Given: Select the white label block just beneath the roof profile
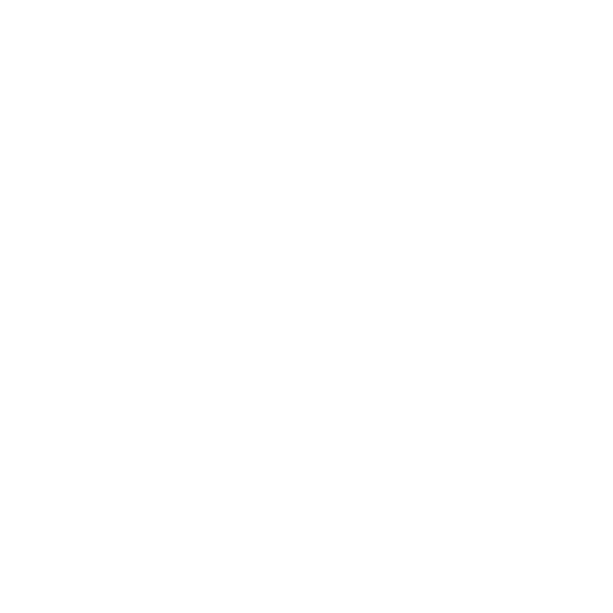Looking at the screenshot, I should (x=316, y=107).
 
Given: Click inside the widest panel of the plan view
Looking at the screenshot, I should (x=187, y=364).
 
